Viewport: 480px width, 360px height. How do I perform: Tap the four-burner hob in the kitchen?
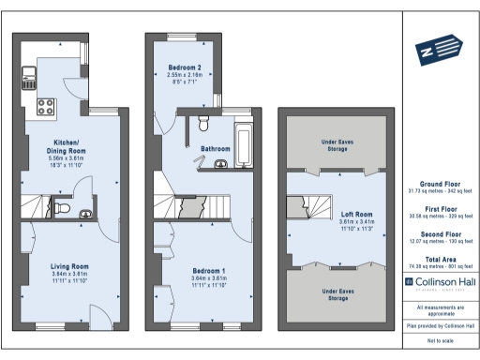click(45, 106)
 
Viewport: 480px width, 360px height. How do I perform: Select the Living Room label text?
click(69, 266)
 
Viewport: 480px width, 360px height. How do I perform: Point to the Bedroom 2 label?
click(185, 68)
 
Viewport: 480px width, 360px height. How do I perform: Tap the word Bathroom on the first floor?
click(216, 148)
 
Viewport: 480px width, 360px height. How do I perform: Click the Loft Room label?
click(356, 213)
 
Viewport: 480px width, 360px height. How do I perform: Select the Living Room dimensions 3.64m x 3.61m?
click(69, 274)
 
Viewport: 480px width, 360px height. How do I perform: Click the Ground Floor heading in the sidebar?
click(440, 184)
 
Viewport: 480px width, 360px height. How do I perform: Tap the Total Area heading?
click(440, 257)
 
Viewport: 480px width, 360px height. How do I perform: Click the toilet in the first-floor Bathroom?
click(203, 124)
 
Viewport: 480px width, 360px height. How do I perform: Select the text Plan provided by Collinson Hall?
click(440, 325)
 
